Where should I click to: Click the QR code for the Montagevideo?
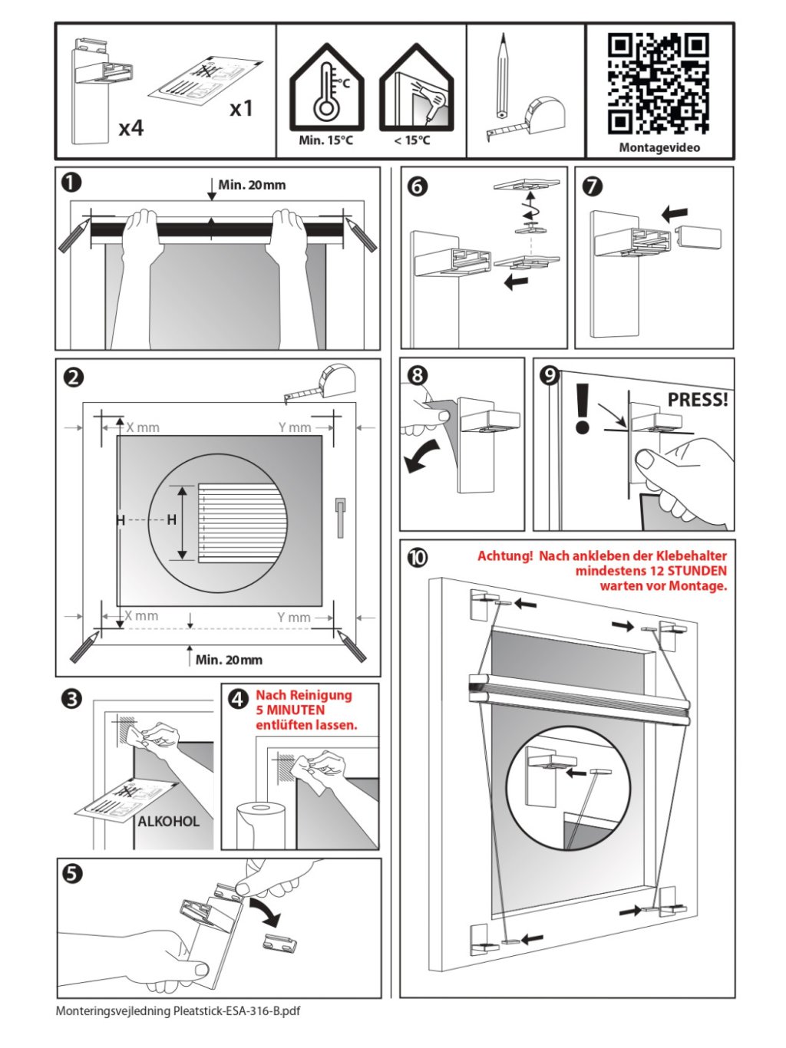[658, 83]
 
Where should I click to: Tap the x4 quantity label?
[131, 127]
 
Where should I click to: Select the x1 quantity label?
[241, 109]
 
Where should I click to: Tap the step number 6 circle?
[418, 186]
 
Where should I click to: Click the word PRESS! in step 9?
[697, 400]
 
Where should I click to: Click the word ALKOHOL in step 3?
[169, 822]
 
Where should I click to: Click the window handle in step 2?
[341, 514]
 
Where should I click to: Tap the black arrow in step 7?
[675, 212]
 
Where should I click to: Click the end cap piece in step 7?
[702, 236]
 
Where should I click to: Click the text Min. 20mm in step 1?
[252, 185]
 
